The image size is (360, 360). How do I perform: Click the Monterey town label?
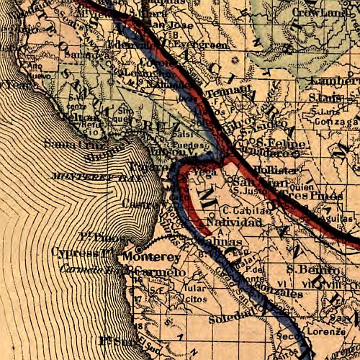point(150,256)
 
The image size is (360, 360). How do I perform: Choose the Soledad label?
point(223,318)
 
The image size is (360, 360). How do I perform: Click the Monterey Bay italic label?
point(84,175)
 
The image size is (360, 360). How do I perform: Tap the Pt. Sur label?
point(117,340)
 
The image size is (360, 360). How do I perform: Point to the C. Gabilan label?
point(247,210)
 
